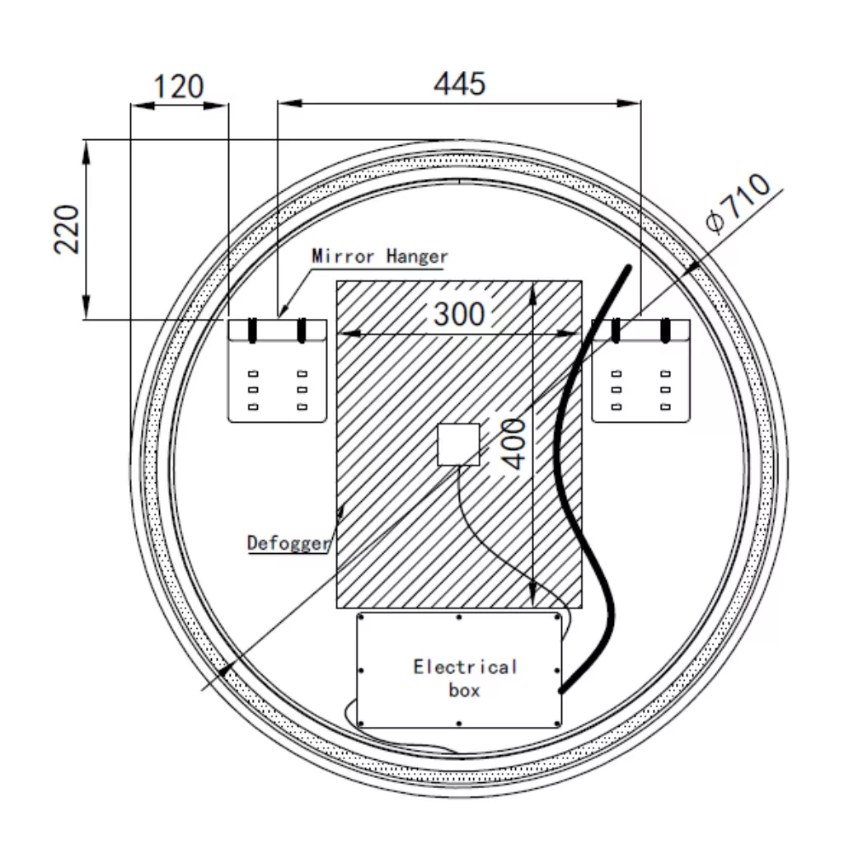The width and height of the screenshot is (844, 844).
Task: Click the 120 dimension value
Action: (179, 86)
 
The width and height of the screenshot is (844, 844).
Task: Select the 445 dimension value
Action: (460, 84)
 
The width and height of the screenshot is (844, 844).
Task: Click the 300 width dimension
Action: (459, 314)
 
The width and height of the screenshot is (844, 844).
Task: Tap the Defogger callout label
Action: (288, 543)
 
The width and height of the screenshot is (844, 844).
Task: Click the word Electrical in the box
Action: (465, 667)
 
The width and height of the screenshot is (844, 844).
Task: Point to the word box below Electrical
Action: (464, 690)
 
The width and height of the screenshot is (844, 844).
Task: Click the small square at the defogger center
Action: (458, 445)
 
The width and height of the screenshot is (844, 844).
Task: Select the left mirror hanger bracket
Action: (277, 372)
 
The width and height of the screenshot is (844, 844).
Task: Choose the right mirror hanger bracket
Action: (640, 372)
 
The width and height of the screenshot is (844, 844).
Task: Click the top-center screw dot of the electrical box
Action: (458, 617)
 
